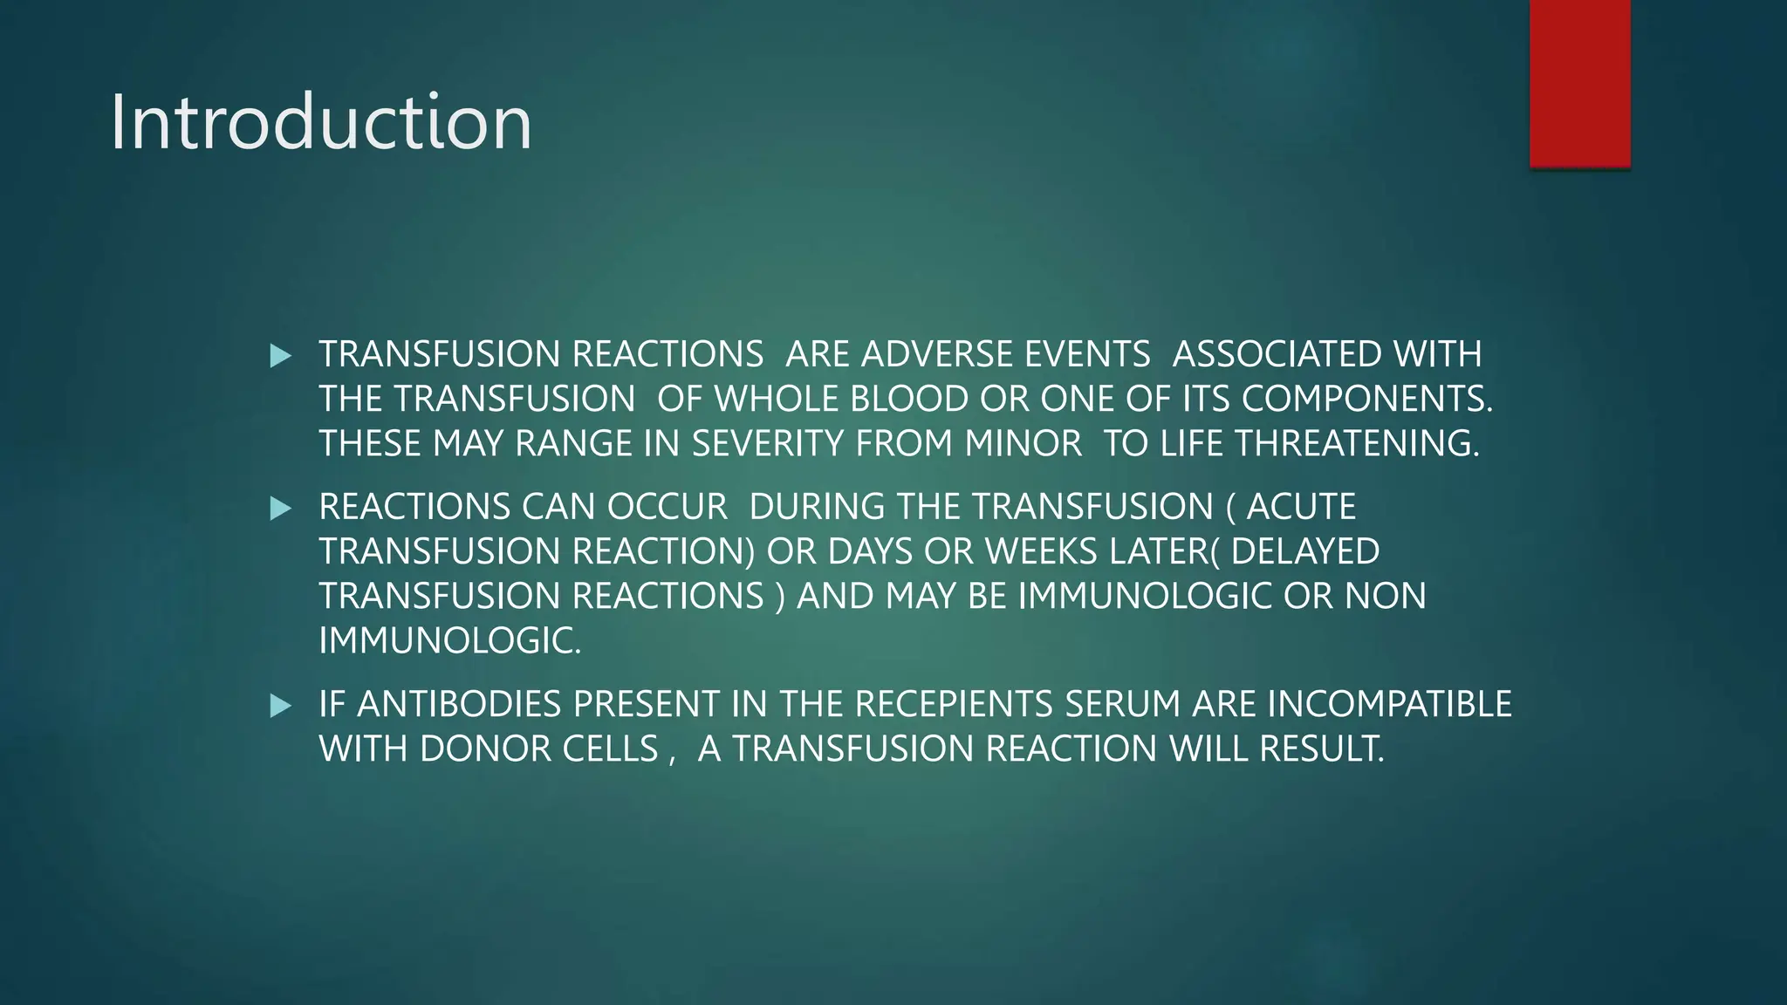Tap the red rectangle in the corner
click(x=1579, y=83)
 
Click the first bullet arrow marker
click(x=281, y=356)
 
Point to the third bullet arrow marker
click(x=281, y=706)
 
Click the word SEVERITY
click(x=768, y=444)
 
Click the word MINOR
click(x=1023, y=444)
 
